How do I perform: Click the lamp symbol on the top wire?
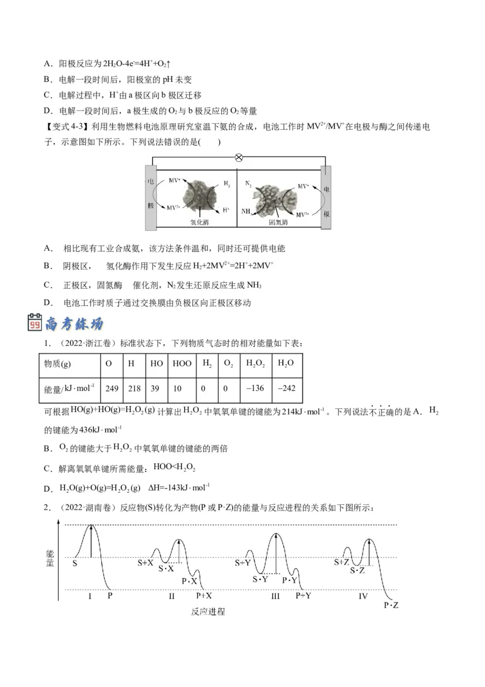(x=238, y=157)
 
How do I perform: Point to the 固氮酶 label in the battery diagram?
(x=278, y=222)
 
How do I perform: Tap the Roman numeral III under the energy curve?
(x=276, y=597)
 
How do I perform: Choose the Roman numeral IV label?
(x=363, y=597)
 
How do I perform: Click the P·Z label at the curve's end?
(x=391, y=604)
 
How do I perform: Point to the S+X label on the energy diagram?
(x=145, y=563)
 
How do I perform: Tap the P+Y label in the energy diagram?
(x=303, y=596)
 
